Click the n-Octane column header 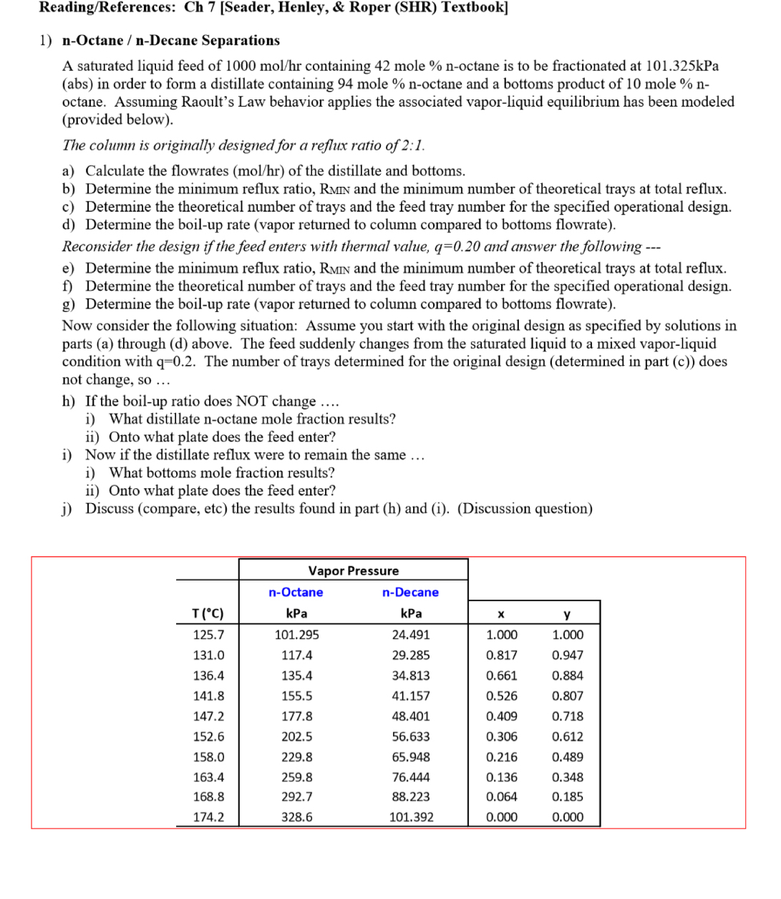pos(296,592)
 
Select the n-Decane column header pos(410,592)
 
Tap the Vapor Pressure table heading pos(353,570)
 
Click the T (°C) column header pos(208,613)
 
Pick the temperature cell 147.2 pos(208,716)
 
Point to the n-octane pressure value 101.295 pos(296,634)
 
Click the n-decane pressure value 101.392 pos(411,817)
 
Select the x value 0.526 pos(501,696)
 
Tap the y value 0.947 pos(567,655)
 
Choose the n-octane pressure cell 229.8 pos(296,757)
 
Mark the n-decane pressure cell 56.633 pos(411,737)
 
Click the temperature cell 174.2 pos(208,817)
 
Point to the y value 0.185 pos(567,797)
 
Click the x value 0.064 pos(501,797)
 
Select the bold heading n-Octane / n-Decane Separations pos(171,41)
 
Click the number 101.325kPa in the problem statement pos(682,66)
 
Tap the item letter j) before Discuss pos(68,509)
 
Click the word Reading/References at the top pos(107,8)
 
